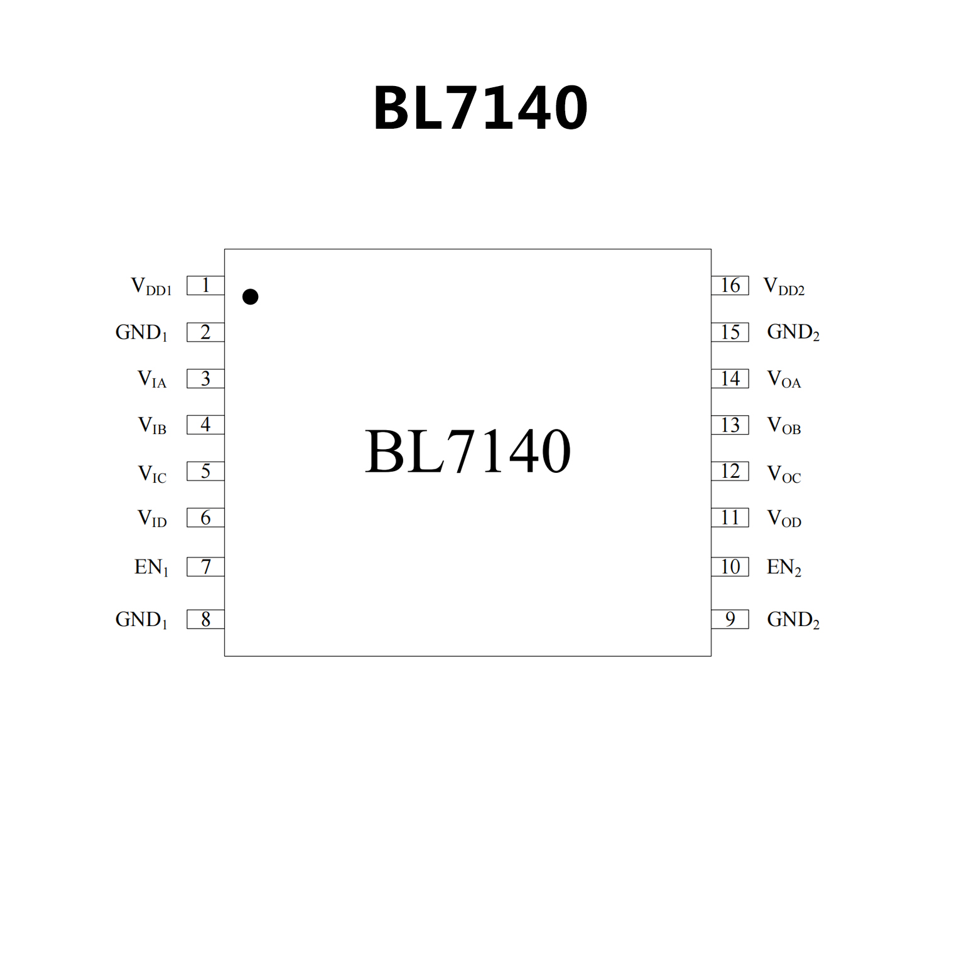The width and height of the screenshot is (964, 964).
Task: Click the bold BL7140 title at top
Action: click(x=480, y=108)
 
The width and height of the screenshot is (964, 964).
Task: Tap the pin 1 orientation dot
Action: click(x=250, y=296)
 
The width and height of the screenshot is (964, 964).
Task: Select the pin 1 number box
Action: click(x=205, y=285)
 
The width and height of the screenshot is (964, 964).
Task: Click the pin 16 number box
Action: click(x=730, y=285)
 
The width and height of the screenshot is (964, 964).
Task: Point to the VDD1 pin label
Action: click(x=151, y=286)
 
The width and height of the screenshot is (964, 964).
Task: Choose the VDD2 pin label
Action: click(x=783, y=286)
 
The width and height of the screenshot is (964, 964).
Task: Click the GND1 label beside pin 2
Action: click(x=141, y=332)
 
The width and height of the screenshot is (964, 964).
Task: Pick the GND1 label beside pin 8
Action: click(x=141, y=620)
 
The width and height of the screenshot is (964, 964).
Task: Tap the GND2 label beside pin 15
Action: click(x=793, y=332)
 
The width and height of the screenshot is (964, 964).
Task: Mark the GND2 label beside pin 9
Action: click(x=793, y=620)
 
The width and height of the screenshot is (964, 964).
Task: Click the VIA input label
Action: click(x=152, y=379)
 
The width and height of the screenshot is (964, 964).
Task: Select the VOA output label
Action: click(x=784, y=379)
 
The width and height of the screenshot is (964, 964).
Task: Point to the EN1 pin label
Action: click(x=151, y=567)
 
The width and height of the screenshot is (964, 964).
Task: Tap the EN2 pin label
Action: click(x=784, y=567)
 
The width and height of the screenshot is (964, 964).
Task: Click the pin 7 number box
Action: click(x=205, y=566)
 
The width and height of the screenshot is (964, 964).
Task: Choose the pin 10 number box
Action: click(x=730, y=566)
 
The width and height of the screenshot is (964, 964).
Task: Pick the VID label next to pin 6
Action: click(x=152, y=519)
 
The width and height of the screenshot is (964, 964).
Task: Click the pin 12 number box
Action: click(x=730, y=471)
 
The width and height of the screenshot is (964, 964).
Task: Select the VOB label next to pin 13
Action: click(x=784, y=426)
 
